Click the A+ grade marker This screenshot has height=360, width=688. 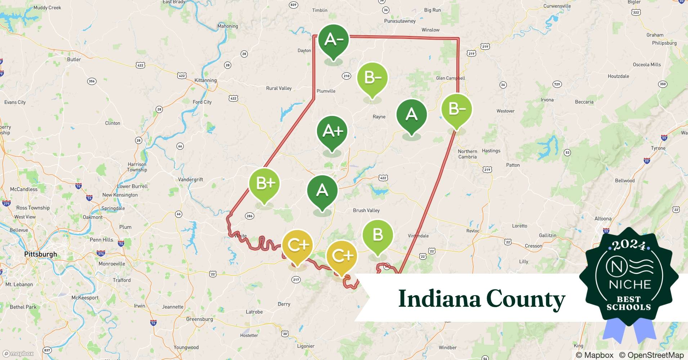click(332, 131)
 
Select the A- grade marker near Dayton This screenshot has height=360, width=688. click(334, 40)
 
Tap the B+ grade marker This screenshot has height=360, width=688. click(264, 184)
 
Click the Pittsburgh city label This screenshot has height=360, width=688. click(40, 254)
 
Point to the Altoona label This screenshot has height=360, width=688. click(603, 219)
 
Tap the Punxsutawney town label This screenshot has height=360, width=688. click(400, 21)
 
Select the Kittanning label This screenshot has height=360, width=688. click(205, 80)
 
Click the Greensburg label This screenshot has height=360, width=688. click(199, 319)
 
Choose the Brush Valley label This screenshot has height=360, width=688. click(366, 210)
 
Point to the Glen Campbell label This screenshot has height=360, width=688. click(450, 78)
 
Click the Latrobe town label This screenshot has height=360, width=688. click(254, 312)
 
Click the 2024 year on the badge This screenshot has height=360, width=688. click(629, 245)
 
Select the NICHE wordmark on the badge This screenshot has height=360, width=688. click(630, 284)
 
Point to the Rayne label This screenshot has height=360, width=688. click(379, 117)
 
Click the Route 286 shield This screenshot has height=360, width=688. click(250, 216)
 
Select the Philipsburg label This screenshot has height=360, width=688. click(664, 43)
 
